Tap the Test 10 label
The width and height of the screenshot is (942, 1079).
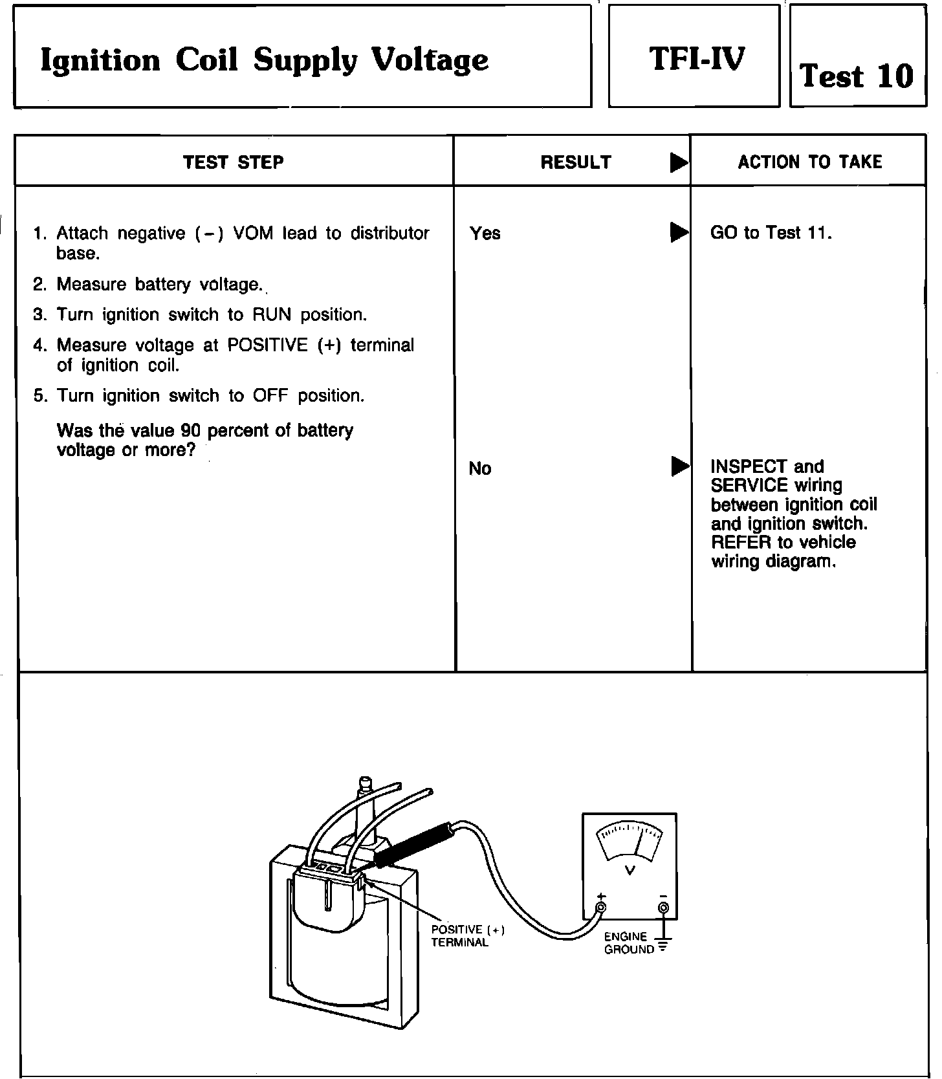click(x=857, y=76)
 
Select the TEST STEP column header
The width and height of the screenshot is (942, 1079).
click(x=234, y=162)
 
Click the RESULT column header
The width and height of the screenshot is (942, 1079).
click(x=575, y=162)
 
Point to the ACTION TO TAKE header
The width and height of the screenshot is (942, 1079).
click(x=809, y=162)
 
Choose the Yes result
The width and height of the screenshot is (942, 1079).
click(x=485, y=233)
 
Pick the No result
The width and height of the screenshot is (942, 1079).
click(x=479, y=468)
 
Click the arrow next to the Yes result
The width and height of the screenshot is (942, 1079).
click(x=679, y=232)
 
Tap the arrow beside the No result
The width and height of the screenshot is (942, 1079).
click(x=679, y=466)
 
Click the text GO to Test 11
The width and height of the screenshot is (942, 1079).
click(x=771, y=232)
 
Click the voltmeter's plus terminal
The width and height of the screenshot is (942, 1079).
click(x=601, y=907)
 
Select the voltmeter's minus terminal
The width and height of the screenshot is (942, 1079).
click(x=663, y=908)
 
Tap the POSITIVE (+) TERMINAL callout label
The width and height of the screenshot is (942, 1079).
click(x=467, y=935)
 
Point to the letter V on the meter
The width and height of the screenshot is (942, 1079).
click(x=630, y=870)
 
